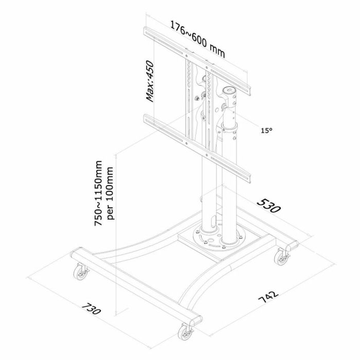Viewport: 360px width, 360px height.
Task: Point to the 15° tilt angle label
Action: tap(266, 131)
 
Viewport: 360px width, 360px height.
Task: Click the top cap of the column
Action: tap(230, 91)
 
